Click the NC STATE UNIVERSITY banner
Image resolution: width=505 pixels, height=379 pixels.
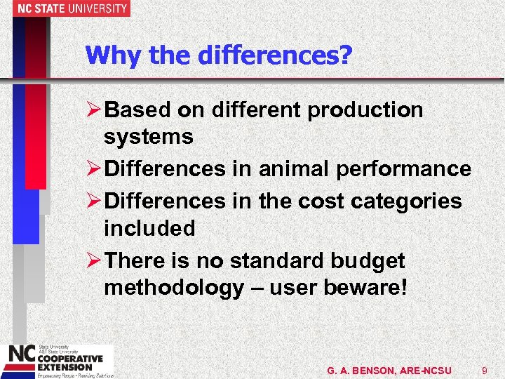[x=65, y=8]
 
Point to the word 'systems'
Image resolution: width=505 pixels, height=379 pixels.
[x=148, y=137]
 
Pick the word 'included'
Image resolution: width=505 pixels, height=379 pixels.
[x=149, y=228]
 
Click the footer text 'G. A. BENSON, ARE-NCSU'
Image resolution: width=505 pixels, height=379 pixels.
[x=389, y=370]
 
